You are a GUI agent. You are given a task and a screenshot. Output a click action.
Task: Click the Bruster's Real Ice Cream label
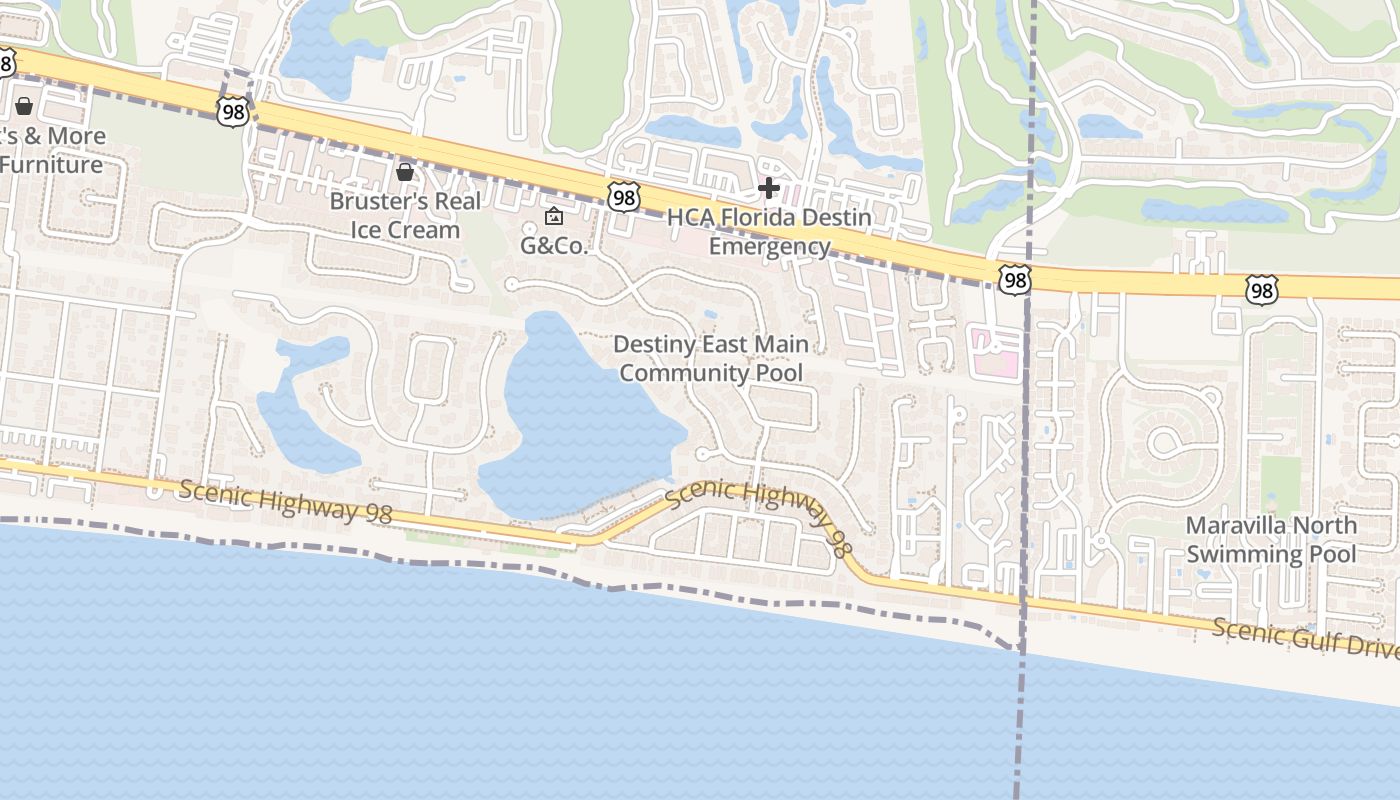pyautogui.click(x=404, y=215)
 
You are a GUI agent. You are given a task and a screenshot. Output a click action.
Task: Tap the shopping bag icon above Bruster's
pyautogui.click(x=405, y=172)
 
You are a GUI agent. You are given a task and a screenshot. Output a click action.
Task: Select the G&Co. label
pyautogui.click(x=554, y=246)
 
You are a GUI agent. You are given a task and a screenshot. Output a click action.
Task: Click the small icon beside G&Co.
pyautogui.click(x=553, y=216)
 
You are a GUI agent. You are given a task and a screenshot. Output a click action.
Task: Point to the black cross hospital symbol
pyautogui.click(x=768, y=187)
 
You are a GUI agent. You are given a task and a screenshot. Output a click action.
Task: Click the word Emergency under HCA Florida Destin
pyautogui.click(x=769, y=246)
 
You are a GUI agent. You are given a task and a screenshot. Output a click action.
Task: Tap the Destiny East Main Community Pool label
pyautogui.click(x=710, y=358)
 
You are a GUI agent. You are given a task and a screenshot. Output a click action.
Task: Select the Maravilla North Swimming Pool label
pyautogui.click(x=1271, y=539)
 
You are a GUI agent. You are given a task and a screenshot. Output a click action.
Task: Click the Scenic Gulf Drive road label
pyautogui.click(x=1305, y=638)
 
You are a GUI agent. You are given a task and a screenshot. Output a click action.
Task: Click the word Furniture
pyautogui.click(x=52, y=165)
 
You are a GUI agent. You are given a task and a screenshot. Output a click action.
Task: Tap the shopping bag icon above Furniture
pyautogui.click(x=24, y=105)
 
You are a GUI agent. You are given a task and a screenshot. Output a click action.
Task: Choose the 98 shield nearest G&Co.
pyautogui.click(x=623, y=197)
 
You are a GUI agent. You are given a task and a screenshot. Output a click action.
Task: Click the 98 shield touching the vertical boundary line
pyautogui.click(x=1014, y=280)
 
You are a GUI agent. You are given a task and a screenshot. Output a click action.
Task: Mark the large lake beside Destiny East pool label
pyautogui.click(x=580, y=420)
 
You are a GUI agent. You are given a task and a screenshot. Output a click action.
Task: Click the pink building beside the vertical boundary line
pyautogui.click(x=996, y=355)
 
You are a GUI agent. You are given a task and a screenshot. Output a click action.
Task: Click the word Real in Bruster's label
pyautogui.click(x=456, y=201)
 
